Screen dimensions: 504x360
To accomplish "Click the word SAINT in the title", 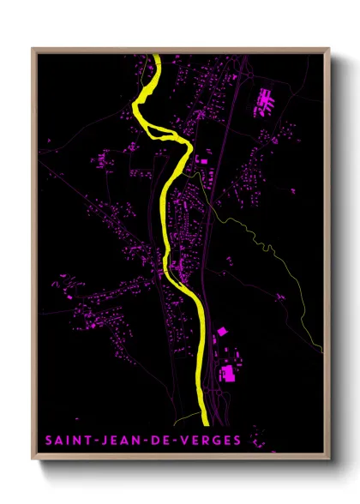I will click(x=65, y=441).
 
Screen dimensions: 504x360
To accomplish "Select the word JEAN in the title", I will click(x=120, y=441).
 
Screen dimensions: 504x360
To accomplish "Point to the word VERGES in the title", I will click(x=207, y=441).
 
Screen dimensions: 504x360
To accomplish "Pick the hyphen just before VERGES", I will click(x=176, y=441).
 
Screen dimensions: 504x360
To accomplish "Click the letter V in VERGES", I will click(x=184, y=441).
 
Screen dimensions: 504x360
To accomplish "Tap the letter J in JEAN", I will click(x=102, y=441).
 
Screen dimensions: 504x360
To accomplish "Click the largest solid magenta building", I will click(x=228, y=373).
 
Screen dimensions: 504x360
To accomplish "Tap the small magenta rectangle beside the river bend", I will click(x=205, y=159).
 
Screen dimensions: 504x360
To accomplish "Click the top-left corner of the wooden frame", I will click(x=33, y=48).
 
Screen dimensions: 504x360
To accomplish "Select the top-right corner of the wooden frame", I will click(x=330, y=48).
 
